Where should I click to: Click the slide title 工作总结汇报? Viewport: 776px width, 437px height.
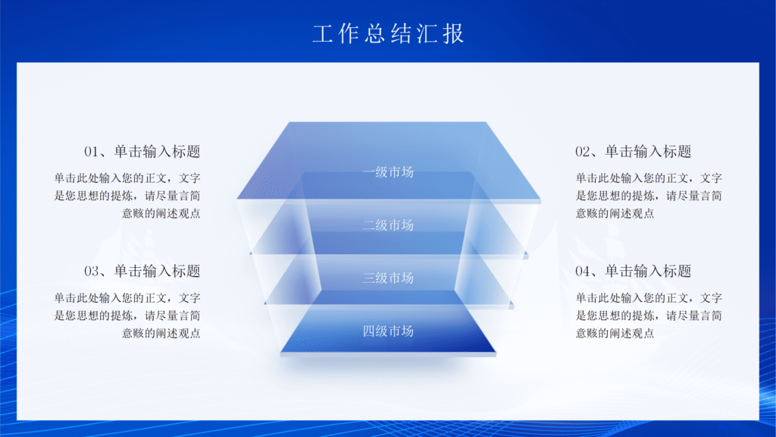pos(388,33)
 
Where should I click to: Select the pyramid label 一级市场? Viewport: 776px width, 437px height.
pos(388,171)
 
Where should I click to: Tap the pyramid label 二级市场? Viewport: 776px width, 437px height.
pos(388,225)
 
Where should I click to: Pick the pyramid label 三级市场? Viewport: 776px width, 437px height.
pos(388,278)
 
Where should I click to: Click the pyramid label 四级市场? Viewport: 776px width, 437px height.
pos(388,331)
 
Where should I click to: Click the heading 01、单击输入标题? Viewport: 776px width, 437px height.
pos(142,151)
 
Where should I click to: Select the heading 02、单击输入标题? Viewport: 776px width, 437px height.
pos(634,151)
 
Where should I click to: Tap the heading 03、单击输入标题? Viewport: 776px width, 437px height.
pos(142,271)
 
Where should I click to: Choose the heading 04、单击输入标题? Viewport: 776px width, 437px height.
pos(634,271)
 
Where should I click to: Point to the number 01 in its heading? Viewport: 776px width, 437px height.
pos(92,152)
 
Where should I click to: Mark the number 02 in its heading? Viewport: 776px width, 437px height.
pos(583,152)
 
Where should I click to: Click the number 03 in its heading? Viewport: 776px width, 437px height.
pos(92,272)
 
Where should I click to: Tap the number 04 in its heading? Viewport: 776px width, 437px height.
pos(583,272)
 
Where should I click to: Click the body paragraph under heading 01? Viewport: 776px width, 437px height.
pos(127,196)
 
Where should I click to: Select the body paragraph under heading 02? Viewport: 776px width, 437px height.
pos(649,196)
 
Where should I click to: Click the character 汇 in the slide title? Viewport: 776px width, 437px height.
pos(427,33)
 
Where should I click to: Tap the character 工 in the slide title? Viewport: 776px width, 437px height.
pos(322,33)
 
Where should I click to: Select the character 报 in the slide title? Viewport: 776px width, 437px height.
pos(453,33)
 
